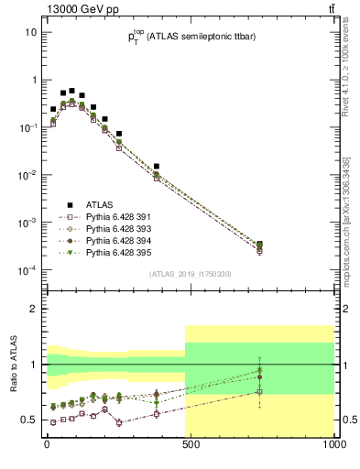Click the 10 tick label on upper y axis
point(30,32)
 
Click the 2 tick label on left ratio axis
point(34,309)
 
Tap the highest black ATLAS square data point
point(72,91)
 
